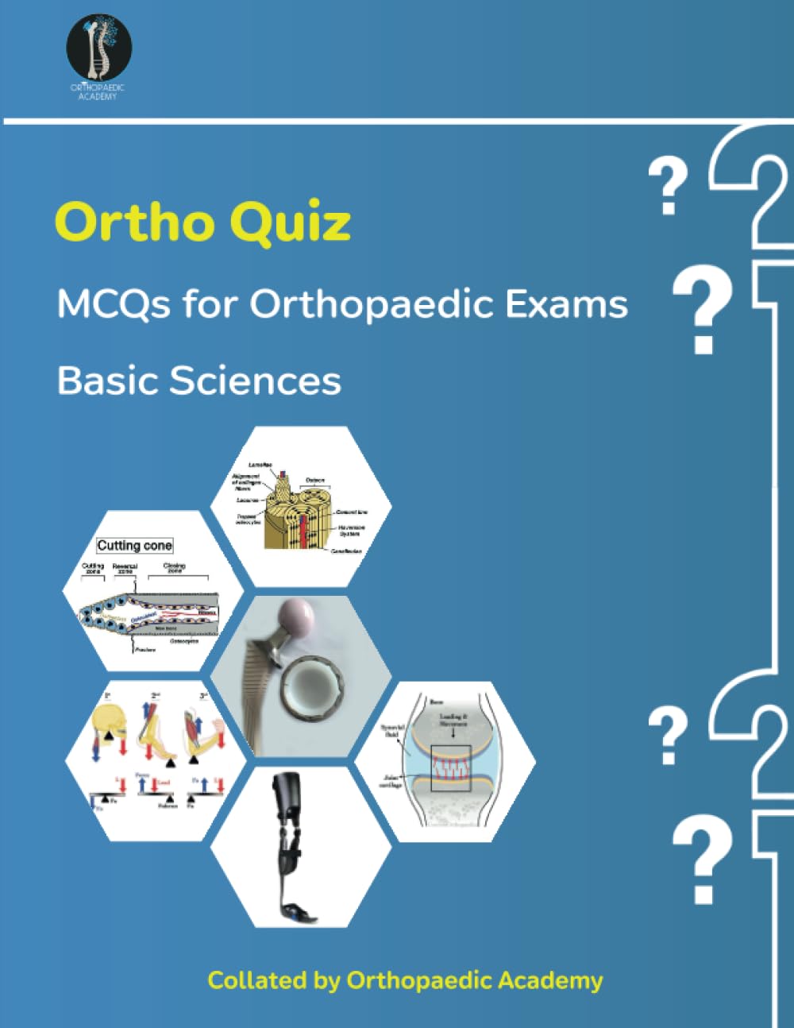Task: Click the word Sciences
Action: click(x=256, y=381)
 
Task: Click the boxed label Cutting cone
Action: click(x=134, y=546)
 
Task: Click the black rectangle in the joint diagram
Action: click(x=451, y=768)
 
